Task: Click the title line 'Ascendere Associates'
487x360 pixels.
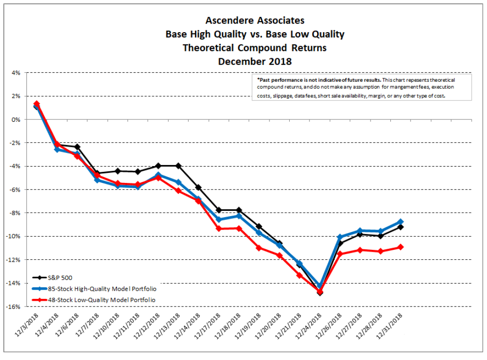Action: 255,21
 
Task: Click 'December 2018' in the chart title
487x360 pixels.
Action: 255,62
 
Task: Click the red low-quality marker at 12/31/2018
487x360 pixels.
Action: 400,247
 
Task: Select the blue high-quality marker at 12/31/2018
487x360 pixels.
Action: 400,222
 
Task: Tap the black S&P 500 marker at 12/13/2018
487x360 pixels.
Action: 178,166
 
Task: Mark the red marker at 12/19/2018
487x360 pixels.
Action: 258,248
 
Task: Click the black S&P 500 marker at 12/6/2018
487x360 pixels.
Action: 77,147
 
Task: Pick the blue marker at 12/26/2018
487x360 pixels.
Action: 340,237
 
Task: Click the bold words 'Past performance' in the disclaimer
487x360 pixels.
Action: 280,79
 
